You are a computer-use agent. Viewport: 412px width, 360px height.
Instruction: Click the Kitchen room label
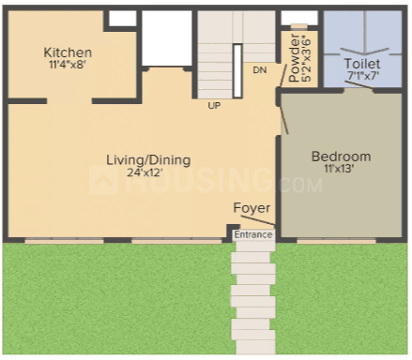coord(68,52)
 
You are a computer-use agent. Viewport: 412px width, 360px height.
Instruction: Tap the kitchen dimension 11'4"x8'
coord(68,65)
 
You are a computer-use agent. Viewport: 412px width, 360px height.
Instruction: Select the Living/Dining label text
coord(148,160)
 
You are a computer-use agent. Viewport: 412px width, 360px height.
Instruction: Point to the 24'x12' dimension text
coord(145,172)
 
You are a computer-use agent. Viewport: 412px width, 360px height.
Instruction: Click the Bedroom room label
coord(342,157)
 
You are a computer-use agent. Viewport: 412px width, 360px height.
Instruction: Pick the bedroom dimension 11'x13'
coord(339,169)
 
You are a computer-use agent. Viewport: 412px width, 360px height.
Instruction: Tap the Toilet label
coord(362,64)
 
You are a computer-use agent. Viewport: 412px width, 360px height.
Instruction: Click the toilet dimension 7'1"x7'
coord(363,76)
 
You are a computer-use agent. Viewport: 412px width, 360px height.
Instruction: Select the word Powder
coord(295,58)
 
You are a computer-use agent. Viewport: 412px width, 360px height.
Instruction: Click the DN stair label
coord(260,70)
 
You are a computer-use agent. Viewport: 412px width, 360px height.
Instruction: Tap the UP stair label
coord(214,106)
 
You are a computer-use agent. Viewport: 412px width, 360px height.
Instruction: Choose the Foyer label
coord(252,208)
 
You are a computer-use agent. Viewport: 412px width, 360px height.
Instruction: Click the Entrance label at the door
coord(253,234)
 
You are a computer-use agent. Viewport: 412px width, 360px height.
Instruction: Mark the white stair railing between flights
coord(237,71)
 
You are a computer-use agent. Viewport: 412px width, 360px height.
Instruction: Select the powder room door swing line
coord(283,75)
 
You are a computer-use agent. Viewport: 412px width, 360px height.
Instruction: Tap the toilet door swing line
coord(359,85)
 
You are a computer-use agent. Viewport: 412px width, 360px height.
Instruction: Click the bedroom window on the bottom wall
coord(336,241)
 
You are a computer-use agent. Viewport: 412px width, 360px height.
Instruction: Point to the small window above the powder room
coord(299,26)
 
